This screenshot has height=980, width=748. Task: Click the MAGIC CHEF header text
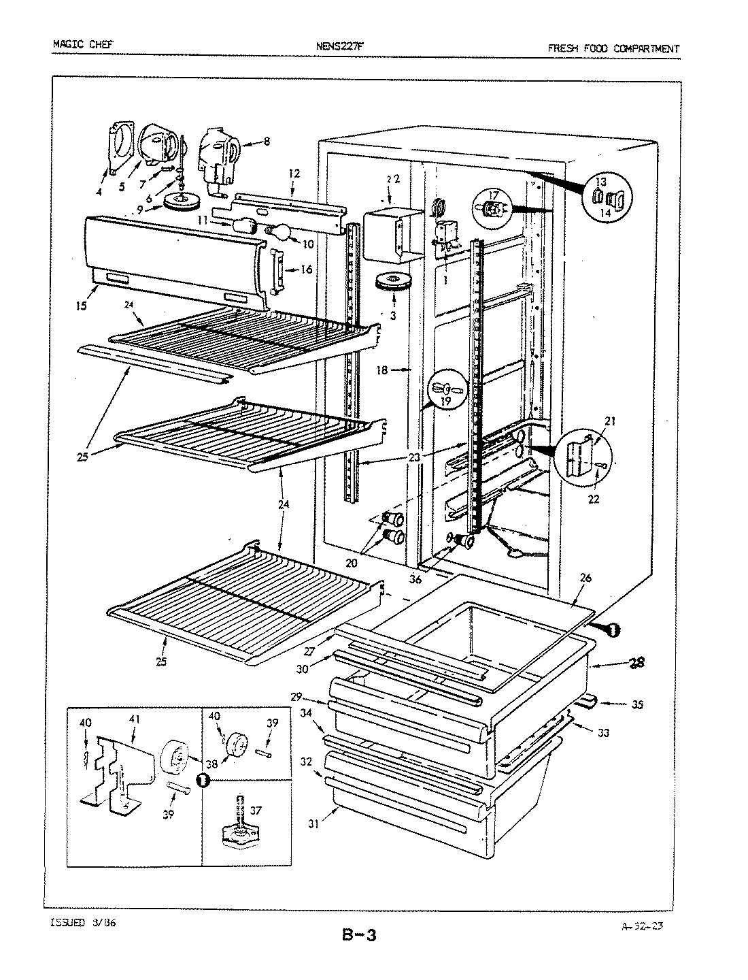coord(83,46)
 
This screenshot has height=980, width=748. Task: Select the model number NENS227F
coord(340,47)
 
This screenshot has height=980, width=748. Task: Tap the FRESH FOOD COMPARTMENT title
coord(613,48)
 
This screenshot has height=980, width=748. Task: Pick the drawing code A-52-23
coord(644,925)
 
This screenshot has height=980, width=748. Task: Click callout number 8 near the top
coord(267,142)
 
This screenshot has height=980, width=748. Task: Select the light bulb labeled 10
coord(279,233)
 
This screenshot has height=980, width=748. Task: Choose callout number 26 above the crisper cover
coord(585,578)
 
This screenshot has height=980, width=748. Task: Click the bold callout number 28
coord(635,662)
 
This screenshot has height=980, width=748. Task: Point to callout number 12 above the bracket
coord(293,174)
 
